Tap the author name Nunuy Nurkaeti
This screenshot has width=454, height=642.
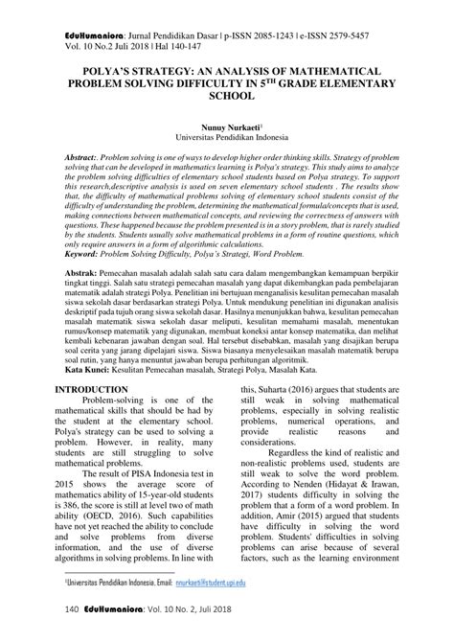[223, 126]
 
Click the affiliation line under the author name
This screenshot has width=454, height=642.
[226, 137]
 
